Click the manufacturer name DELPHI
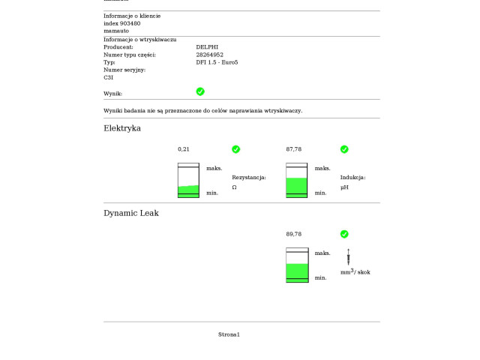tap(208, 46)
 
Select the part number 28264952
tap(210, 55)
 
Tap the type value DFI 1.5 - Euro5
tap(217, 62)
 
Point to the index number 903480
tap(130, 23)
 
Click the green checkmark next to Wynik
tap(200, 91)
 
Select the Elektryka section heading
tap(122, 128)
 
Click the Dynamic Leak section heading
tap(131, 213)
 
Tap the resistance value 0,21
tap(184, 149)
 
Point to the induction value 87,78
tap(294, 149)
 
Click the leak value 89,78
tap(294, 234)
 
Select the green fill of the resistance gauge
tap(188, 191)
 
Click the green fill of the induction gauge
tap(297, 187)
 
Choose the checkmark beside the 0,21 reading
tap(235, 149)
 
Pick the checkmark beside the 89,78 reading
tap(344, 234)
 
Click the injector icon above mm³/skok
tap(348, 256)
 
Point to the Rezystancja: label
tap(249, 178)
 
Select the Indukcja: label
tap(352, 178)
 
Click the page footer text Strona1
tap(229, 334)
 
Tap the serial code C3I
tap(108, 77)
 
